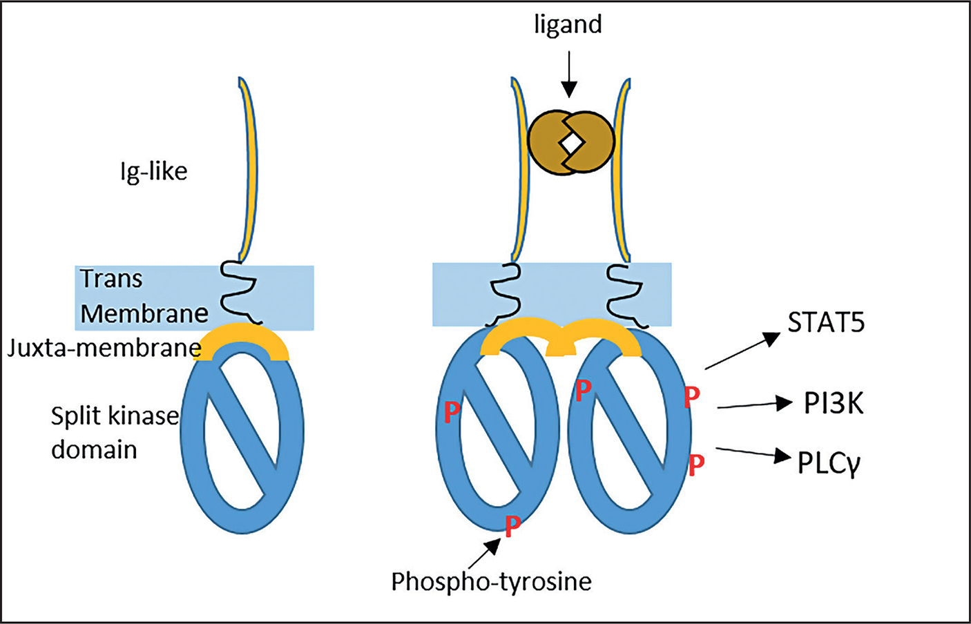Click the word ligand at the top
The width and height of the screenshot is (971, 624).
click(x=568, y=25)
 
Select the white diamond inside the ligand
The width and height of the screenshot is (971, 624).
click(x=572, y=142)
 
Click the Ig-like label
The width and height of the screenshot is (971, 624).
click(x=153, y=171)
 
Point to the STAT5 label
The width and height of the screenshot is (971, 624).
click(x=826, y=322)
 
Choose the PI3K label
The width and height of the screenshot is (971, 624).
click(x=834, y=403)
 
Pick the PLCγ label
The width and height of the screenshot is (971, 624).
click(x=829, y=462)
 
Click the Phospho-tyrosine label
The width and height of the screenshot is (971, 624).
click(x=491, y=582)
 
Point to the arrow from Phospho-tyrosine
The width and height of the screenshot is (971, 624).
click(x=485, y=552)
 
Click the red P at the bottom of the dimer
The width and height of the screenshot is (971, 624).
click(x=512, y=527)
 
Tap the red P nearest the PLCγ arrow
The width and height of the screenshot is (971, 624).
click(x=696, y=465)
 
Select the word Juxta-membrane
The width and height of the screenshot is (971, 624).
click(x=104, y=348)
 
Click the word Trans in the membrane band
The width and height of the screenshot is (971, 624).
click(x=111, y=279)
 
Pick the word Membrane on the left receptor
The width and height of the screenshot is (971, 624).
click(x=144, y=314)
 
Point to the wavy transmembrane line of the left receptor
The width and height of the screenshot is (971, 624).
click(x=239, y=293)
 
